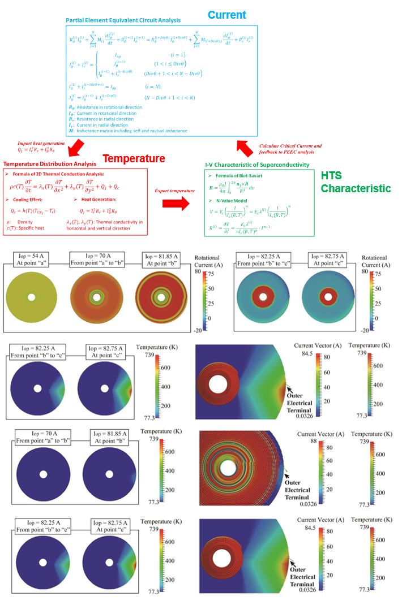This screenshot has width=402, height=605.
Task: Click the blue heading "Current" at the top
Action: [226, 15]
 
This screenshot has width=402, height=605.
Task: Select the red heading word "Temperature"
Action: [134, 158]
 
